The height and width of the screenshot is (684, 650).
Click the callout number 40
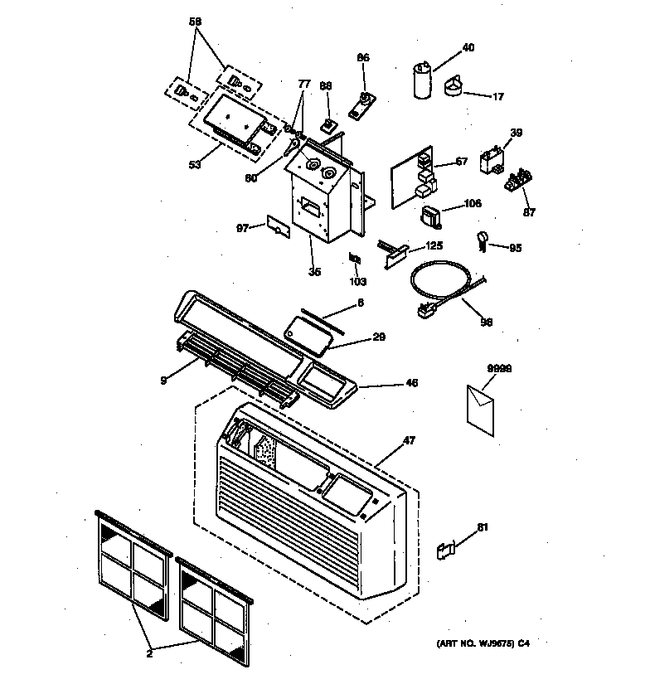point(468,48)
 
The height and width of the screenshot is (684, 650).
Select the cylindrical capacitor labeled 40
point(422,80)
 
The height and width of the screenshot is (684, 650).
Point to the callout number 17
point(497,97)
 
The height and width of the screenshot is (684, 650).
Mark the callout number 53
point(194,164)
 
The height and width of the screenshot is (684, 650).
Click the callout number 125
point(434,246)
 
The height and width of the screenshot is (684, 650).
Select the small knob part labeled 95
point(482,240)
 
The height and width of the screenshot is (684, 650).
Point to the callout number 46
point(412,383)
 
